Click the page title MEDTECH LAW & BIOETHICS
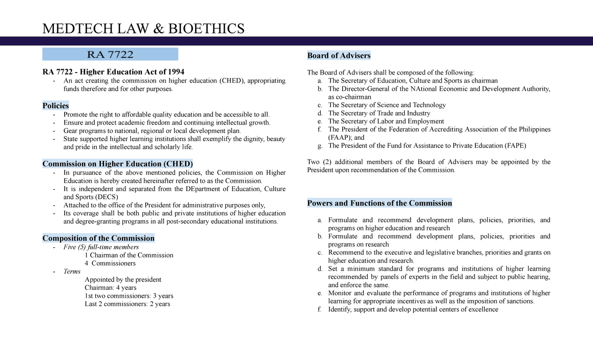pos(143,29)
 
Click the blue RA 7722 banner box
pos(110,54)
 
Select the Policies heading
pos(55,106)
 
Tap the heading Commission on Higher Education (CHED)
pos(118,163)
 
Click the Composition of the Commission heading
pos(98,238)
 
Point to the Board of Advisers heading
pos(339,55)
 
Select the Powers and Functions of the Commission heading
pos(380,203)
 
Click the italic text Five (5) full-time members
pos(101,247)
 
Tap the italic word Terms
pos(72,271)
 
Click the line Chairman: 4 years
pos(111,287)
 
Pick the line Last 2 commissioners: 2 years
pos(127,304)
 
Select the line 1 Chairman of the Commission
pos(129,255)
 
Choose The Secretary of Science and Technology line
pos(387,105)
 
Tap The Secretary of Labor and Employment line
pos(386,121)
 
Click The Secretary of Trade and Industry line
pos(379,113)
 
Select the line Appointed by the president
pos(123,280)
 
